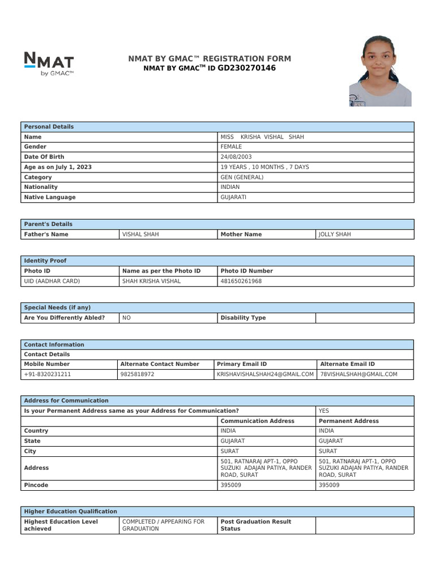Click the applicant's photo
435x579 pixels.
(x=380, y=71)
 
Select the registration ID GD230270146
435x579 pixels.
(x=246, y=68)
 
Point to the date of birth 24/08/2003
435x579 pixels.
(x=236, y=157)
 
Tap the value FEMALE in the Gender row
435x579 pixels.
(x=231, y=146)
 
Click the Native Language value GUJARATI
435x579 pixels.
(x=233, y=197)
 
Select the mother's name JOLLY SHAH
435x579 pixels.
(x=335, y=234)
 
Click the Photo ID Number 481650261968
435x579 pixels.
(x=241, y=281)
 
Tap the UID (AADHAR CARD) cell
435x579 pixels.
(x=52, y=281)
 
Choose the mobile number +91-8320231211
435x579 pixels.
(x=48, y=374)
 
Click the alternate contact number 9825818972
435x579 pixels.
(x=137, y=374)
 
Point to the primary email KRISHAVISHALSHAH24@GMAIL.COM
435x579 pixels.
(x=265, y=374)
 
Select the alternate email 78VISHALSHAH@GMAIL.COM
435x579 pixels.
(x=359, y=374)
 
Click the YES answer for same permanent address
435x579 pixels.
(x=324, y=411)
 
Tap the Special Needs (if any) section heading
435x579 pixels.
(x=57, y=308)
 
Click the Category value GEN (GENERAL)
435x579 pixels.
(x=242, y=177)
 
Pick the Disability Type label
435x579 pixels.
(x=243, y=318)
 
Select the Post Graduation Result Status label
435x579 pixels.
(x=255, y=525)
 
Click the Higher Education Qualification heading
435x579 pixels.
(x=70, y=511)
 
